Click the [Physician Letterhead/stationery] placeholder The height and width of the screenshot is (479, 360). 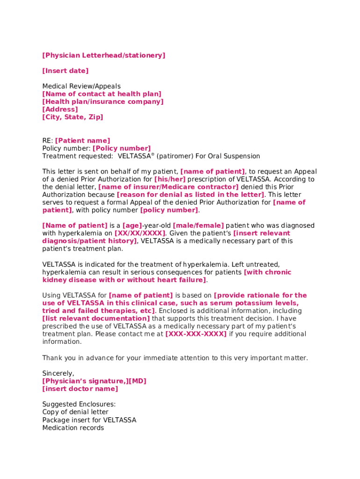(103, 56)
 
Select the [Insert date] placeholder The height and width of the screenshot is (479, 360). (65, 71)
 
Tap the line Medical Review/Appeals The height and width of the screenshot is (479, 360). (81, 87)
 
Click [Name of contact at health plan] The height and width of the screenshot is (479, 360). (101, 94)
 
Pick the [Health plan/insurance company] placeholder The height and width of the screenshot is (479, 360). (103, 102)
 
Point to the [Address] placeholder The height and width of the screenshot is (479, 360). (60, 109)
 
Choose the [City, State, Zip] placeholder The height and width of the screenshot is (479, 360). (72, 117)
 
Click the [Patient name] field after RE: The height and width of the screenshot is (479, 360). (83, 141)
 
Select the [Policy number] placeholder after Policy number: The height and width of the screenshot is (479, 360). (122, 149)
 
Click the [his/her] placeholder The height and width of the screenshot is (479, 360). (170, 179)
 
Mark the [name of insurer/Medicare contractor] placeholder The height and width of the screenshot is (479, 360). (168, 187)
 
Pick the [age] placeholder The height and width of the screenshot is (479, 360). (132, 225)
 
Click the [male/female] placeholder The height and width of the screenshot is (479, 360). (198, 225)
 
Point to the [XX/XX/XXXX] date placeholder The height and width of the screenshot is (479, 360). (140, 233)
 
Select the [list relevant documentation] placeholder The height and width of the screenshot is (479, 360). (96, 319)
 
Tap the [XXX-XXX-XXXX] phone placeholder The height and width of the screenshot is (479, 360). (196, 334)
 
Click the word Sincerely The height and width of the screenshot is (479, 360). (58, 373)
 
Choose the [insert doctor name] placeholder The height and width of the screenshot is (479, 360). (80, 389)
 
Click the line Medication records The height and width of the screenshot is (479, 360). (73, 428)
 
